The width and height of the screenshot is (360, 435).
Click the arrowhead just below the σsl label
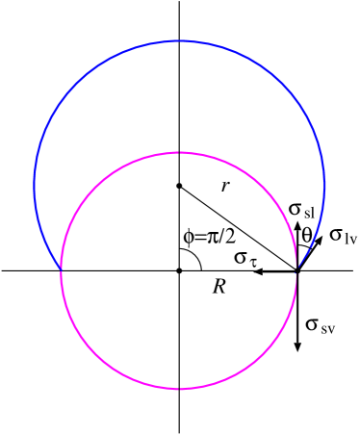coord(296,227)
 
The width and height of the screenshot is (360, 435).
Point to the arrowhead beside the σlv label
coord(319,241)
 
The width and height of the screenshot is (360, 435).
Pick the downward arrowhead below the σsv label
coord(297,346)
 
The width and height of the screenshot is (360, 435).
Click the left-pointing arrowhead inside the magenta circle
coord(257,272)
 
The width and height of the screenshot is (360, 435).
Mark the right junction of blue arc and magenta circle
coord(296,272)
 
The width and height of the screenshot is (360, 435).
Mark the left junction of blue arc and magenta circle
coord(62,270)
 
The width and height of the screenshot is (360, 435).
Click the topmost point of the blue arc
coord(180,41)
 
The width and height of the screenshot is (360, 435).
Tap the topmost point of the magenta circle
coord(179,153)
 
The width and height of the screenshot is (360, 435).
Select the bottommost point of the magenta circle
coord(179,389)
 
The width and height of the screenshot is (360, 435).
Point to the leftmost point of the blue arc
coord(35,184)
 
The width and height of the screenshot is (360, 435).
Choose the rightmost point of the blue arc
coord(324,184)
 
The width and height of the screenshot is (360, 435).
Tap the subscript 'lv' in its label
coord(349,237)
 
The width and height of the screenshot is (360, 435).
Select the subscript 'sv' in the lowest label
coord(327,327)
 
